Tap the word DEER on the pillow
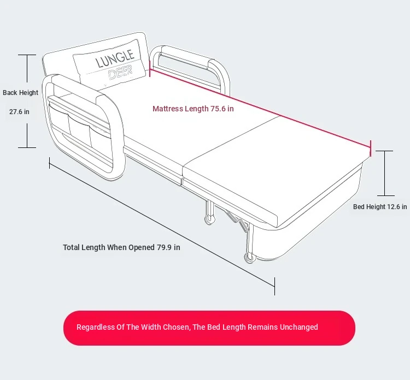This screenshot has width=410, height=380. [120, 73]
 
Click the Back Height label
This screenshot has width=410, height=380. [21, 93]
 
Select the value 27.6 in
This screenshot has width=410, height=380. [19, 112]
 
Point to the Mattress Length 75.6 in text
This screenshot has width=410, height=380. [193, 109]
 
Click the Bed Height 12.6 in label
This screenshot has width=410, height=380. [380, 207]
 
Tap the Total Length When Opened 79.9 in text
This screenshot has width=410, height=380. [121, 247]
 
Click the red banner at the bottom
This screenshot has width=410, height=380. [209, 328]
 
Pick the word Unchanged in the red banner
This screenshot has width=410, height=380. [298, 327]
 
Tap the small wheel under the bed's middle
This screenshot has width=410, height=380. [208, 220]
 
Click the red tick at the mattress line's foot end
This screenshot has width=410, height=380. [371, 147]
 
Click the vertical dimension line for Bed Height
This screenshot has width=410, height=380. [385, 173]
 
